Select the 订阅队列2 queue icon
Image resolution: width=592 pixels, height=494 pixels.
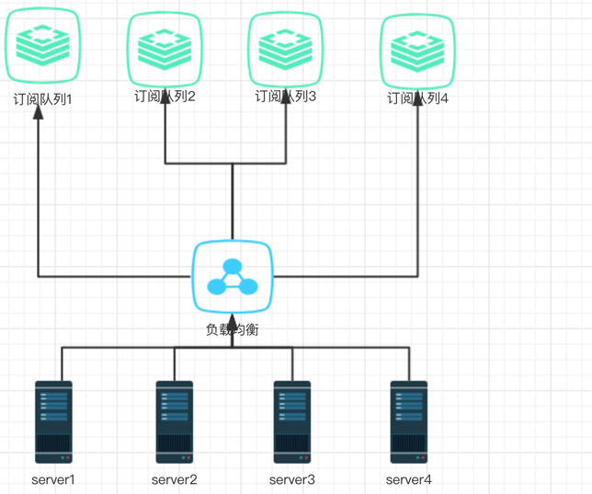(x=165, y=46)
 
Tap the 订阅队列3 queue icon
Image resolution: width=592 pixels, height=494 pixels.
(x=286, y=46)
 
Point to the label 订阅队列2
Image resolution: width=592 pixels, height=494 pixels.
(x=165, y=96)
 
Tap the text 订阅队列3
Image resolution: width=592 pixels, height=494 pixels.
(x=286, y=96)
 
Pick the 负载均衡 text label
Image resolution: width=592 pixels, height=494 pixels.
(x=233, y=328)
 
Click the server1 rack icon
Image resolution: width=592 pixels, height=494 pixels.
(x=53, y=421)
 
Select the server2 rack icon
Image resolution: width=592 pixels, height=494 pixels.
(x=174, y=421)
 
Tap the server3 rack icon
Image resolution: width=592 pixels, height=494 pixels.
(x=292, y=421)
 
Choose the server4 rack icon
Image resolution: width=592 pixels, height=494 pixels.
(x=409, y=421)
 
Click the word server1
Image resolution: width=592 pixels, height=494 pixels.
(x=53, y=479)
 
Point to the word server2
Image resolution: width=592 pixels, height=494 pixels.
(x=174, y=479)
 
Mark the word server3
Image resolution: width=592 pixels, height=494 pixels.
(x=292, y=479)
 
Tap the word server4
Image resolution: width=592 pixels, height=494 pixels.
(x=409, y=479)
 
